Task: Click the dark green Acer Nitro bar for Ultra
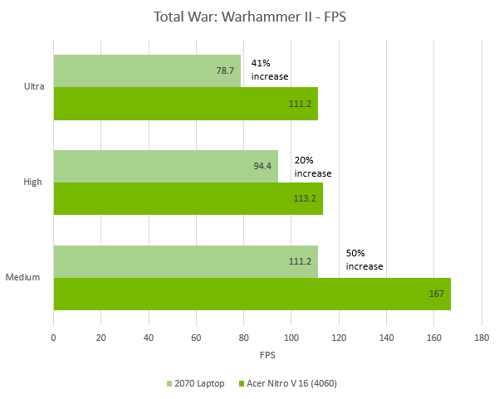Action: [x=185, y=104]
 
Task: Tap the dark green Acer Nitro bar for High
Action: [x=188, y=199]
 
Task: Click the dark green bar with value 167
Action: [x=252, y=294]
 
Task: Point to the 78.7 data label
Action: [x=225, y=71]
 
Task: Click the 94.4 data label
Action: [x=263, y=166]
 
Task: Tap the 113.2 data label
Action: [x=306, y=199]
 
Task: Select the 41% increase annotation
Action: [x=269, y=70]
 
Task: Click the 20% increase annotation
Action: [x=312, y=167]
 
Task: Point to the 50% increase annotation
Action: [x=364, y=260]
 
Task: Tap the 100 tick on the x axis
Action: [x=291, y=338]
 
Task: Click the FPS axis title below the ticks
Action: [x=267, y=355]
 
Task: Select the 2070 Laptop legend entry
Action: [x=196, y=383]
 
